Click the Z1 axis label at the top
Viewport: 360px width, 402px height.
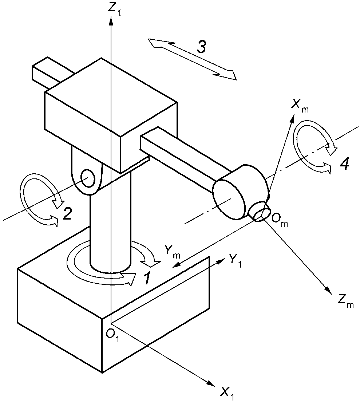click(114, 9)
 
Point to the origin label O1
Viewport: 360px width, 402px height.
click(113, 335)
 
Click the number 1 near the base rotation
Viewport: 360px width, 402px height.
click(147, 279)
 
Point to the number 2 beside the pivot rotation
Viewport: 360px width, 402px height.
click(67, 213)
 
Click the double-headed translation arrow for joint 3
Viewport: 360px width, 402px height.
click(192, 59)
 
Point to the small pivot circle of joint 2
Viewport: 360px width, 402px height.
click(88, 178)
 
